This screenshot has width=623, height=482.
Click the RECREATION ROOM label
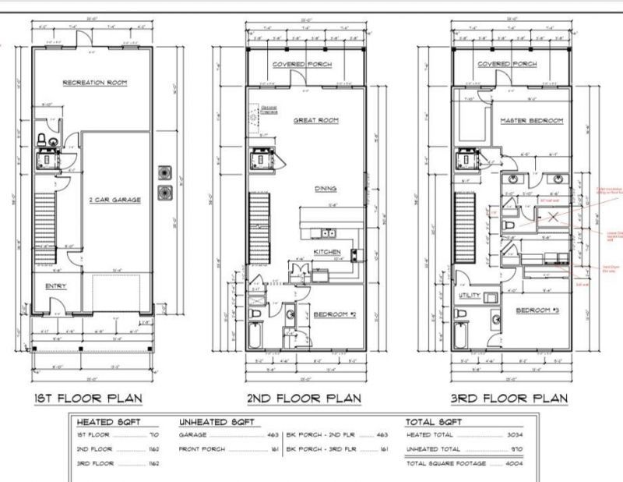95,82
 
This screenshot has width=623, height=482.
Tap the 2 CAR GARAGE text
115,200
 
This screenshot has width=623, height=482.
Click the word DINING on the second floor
325,189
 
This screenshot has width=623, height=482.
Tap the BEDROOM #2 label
335,314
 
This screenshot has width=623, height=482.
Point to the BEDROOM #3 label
535,310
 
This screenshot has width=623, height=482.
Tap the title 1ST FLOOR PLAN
87,399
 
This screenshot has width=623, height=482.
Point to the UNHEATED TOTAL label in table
434,450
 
